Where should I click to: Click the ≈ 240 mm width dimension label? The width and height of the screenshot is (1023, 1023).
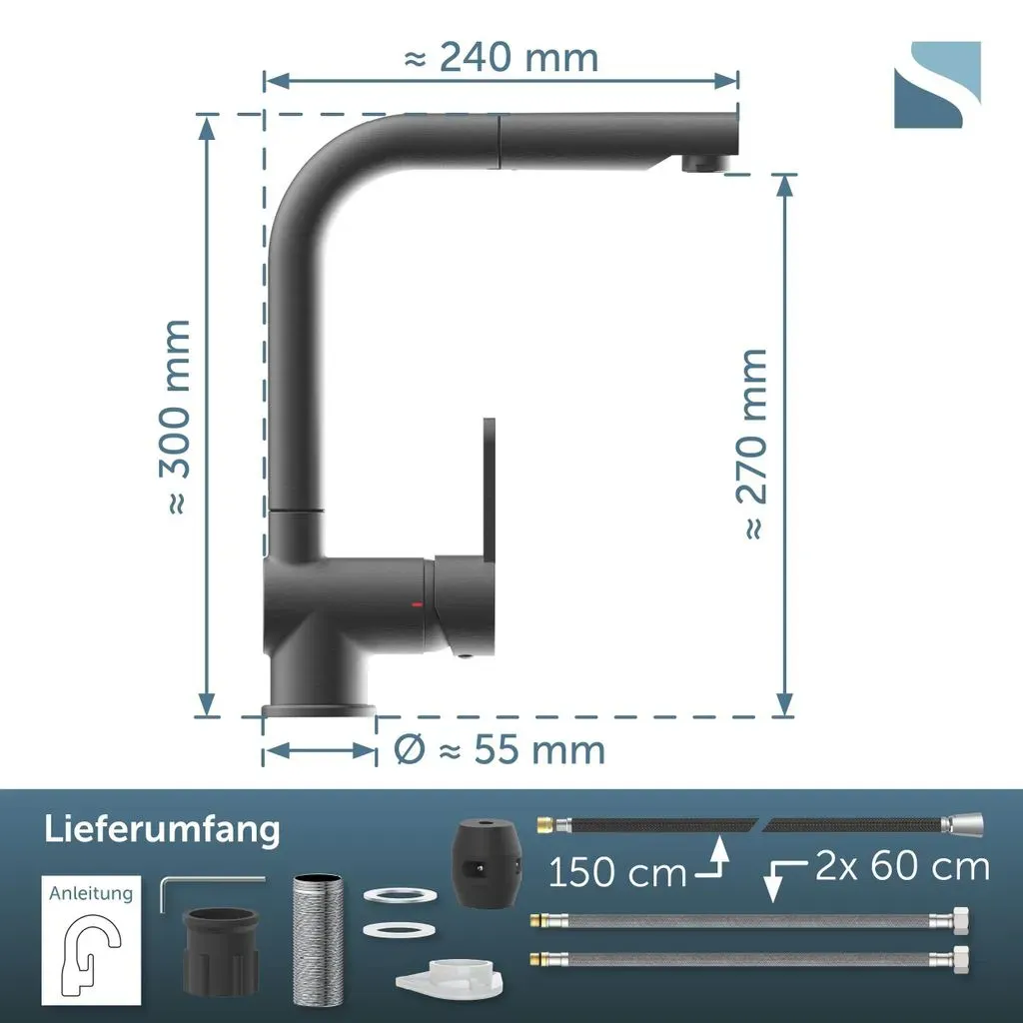pos(502,57)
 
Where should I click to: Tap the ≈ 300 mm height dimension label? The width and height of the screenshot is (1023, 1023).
pos(175,418)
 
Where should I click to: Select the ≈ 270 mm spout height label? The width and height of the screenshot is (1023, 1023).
pos(752,444)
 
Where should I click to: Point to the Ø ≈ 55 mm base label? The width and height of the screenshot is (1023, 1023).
pos(500,749)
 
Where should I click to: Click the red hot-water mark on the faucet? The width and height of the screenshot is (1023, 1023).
pos(417,604)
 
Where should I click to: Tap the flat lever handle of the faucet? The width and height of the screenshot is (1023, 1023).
pos(488,487)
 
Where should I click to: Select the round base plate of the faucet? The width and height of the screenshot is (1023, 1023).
pos(319,710)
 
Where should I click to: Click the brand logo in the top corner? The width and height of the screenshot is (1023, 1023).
pos(937,85)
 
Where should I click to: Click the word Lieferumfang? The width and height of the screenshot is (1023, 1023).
pos(163,830)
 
